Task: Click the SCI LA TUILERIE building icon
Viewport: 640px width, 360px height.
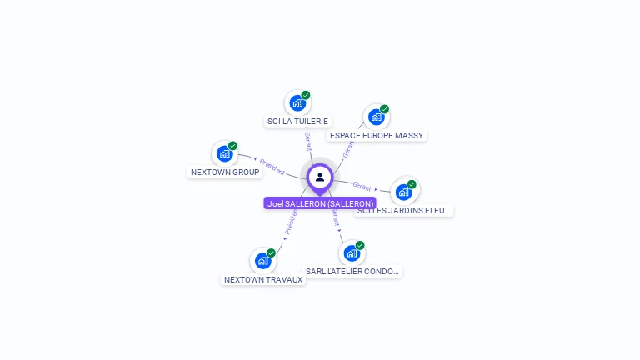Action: (x=297, y=103)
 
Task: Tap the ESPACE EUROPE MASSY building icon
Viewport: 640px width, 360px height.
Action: (x=376, y=117)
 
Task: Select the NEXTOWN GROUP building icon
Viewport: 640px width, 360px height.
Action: (x=224, y=153)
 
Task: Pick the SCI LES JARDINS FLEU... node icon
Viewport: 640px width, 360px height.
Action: (x=403, y=192)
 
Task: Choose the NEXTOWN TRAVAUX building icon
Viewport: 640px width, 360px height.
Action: (x=262, y=261)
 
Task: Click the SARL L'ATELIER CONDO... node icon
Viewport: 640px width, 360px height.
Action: (x=352, y=252)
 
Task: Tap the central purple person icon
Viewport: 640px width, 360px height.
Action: (x=320, y=177)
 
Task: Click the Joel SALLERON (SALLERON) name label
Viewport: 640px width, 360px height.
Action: (x=320, y=203)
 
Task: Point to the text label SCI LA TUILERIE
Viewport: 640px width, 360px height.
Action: (x=297, y=122)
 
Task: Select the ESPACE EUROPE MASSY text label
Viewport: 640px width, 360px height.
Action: (x=377, y=136)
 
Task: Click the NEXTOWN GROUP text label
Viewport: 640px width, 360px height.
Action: (x=225, y=172)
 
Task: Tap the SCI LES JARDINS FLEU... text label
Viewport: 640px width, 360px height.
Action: (x=404, y=211)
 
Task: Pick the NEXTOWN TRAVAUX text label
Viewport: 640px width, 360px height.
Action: (x=263, y=280)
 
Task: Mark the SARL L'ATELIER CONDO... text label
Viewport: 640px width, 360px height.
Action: (x=352, y=272)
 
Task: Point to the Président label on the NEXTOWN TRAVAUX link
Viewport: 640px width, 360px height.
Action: (x=290, y=220)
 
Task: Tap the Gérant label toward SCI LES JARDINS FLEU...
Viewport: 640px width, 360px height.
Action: (x=362, y=186)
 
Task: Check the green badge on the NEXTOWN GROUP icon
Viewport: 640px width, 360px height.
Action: (x=232, y=146)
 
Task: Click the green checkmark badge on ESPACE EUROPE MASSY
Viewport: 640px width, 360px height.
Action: (x=384, y=109)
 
